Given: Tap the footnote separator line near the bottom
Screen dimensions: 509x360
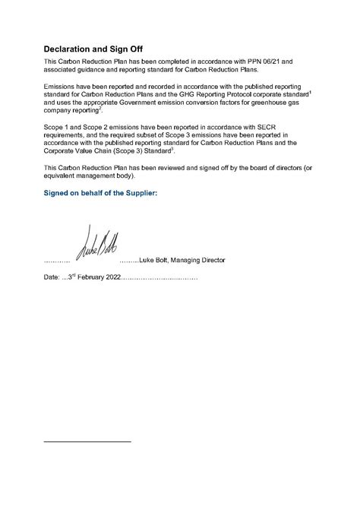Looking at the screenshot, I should point(87,441).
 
